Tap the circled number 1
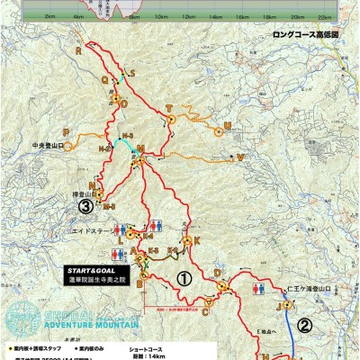click(x=183, y=279)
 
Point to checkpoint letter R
click(x=80, y=51)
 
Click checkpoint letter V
click(x=240, y=156)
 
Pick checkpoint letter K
click(x=196, y=240)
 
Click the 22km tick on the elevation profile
click(x=319, y=17)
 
